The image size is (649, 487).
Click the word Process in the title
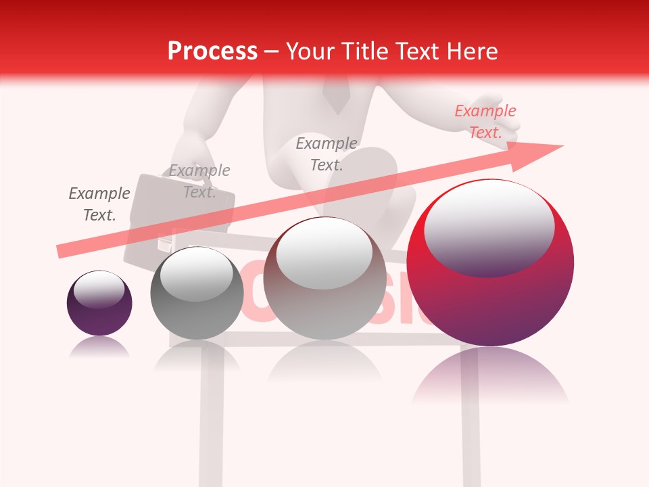[x=212, y=51]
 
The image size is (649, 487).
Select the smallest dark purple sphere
[x=99, y=304]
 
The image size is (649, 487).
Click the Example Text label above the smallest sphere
[x=99, y=204]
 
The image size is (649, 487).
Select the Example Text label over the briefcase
[x=199, y=181]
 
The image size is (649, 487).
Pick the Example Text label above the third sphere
[x=327, y=154]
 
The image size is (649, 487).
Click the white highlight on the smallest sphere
[x=99, y=289]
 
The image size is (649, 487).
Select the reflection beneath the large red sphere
[x=490, y=379]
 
